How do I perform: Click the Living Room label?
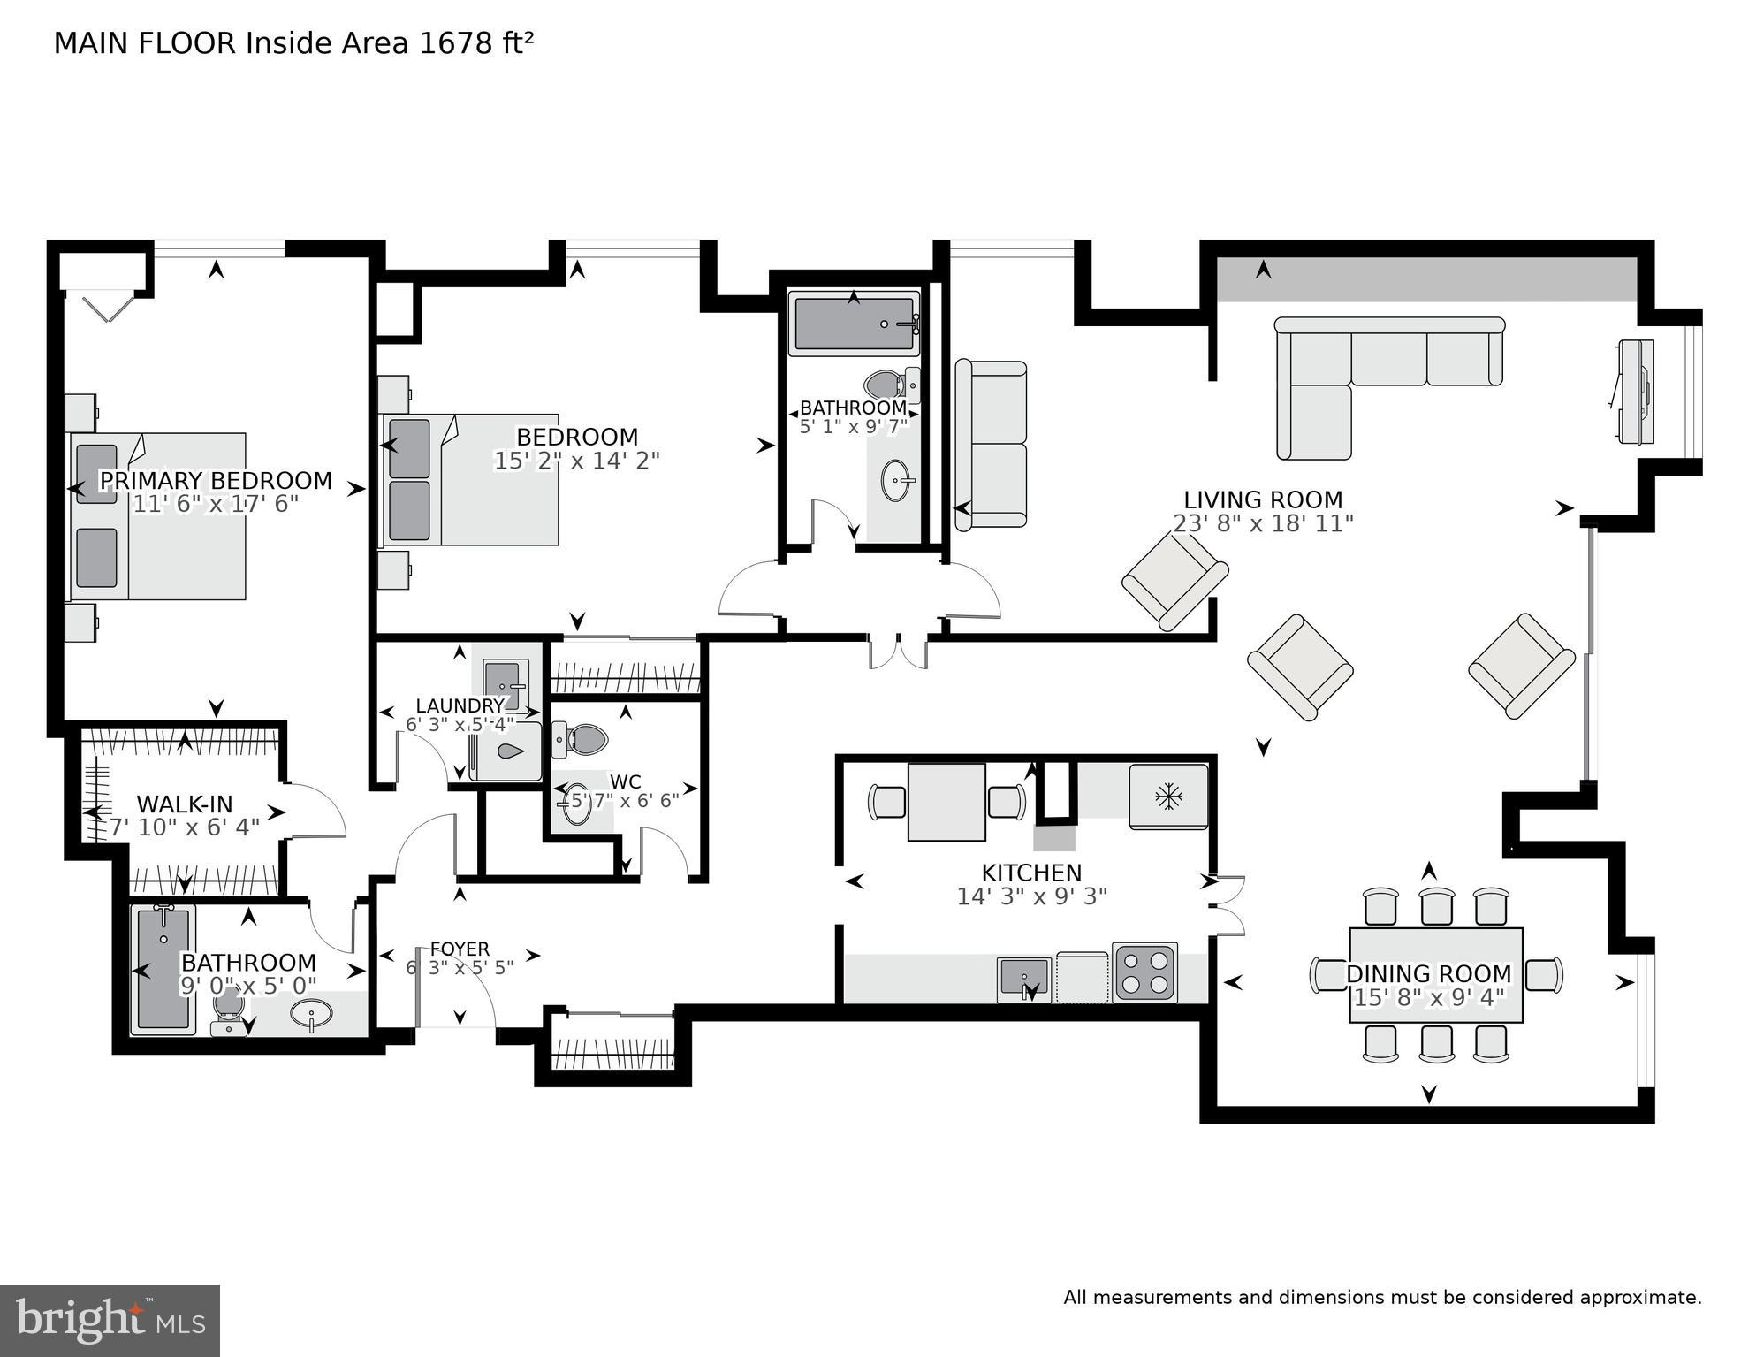[1262, 499]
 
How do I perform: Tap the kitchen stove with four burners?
[1144, 972]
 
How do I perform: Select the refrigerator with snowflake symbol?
[1168, 797]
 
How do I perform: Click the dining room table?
[1435, 974]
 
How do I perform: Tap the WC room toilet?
[581, 739]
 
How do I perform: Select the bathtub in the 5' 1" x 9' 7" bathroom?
[854, 325]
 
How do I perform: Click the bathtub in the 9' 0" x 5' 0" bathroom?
[163, 969]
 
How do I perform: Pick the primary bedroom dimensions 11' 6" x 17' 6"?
[216, 505]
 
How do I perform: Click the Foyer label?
[460, 949]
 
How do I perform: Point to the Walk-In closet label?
[185, 804]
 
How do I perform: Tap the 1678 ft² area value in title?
[476, 43]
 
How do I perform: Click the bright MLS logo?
[110, 1320]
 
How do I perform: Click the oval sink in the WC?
[577, 804]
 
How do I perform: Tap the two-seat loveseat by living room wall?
[991, 446]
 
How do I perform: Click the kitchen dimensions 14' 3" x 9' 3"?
[1031, 896]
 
